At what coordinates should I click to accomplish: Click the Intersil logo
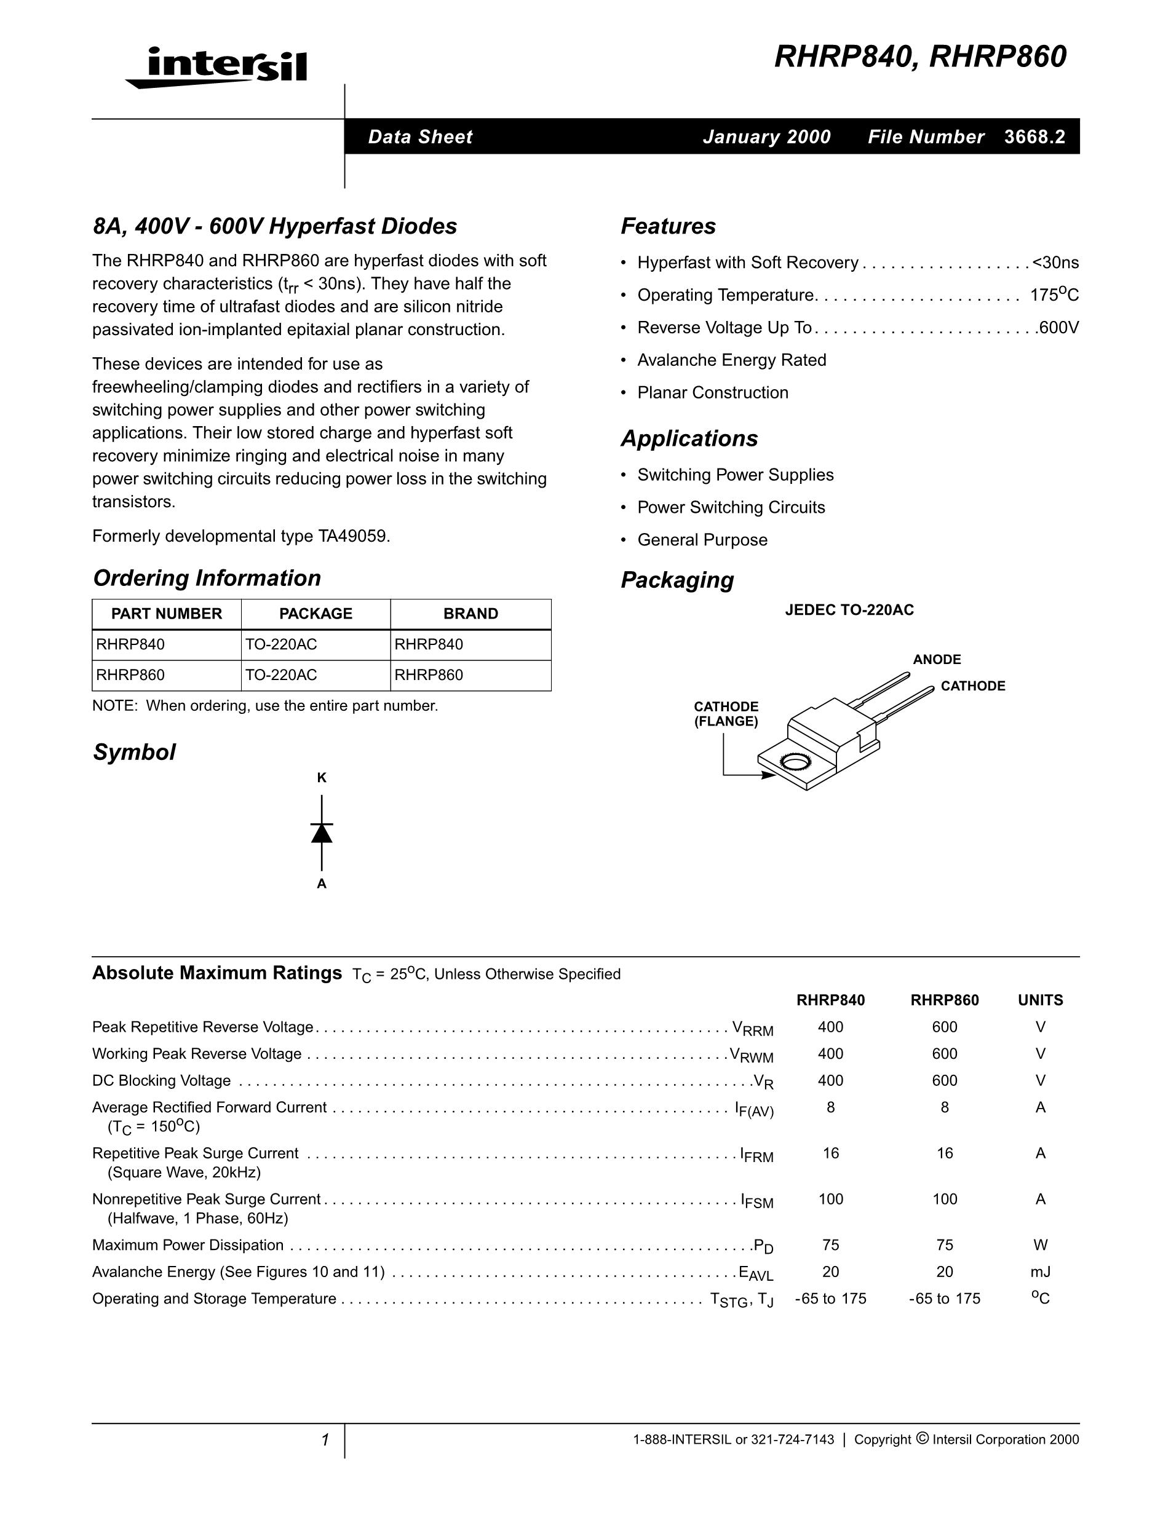216,67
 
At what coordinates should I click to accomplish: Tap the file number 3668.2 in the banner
1034,136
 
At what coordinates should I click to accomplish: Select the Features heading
667,226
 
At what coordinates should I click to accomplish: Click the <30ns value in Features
1055,263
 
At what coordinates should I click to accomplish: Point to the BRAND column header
470,614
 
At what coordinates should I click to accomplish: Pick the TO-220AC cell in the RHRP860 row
281,675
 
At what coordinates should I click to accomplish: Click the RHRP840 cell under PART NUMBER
131,644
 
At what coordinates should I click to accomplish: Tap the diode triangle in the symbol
322,833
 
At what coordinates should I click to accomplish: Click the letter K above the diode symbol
322,778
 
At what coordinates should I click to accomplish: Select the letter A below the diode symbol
322,884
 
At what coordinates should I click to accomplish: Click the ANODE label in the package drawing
937,660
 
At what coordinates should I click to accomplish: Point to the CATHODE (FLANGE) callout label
726,714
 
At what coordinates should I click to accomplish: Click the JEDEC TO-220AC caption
849,610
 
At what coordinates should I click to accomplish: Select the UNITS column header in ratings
1040,1000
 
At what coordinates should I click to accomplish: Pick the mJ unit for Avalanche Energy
1040,1272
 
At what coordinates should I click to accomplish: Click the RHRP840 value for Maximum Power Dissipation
830,1245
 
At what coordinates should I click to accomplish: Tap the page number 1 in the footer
325,1440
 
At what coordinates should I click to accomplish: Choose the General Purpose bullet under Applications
702,540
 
